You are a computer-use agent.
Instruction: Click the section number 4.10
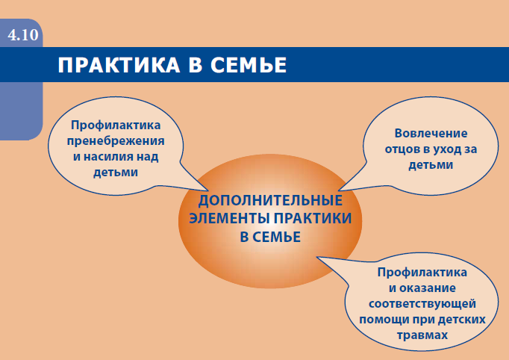click(x=23, y=35)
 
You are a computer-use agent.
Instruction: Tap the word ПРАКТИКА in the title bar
click(x=119, y=65)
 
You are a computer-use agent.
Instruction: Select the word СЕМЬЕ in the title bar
click(x=249, y=65)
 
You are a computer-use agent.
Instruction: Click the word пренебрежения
click(x=116, y=141)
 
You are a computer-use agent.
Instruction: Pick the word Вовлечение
click(x=431, y=133)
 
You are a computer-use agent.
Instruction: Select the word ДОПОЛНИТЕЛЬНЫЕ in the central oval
click(x=270, y=201)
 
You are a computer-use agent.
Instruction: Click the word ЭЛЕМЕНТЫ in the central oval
click(x=230, y=218)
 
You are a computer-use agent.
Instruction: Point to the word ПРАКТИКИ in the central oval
click(x=313, y=218)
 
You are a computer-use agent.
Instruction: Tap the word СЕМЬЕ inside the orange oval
click(x=276, y=237)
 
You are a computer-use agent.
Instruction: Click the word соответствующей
click(x=422, y=304)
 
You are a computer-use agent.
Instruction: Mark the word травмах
click(x=422, y=335)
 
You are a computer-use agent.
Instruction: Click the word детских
click(x=461, y=320)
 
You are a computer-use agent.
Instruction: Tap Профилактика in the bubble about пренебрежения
click(x=116, y=125)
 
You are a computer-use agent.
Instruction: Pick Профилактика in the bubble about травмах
click(x=422, y=273)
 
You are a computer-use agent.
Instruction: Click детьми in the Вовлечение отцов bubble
click(x=431, y=165)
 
